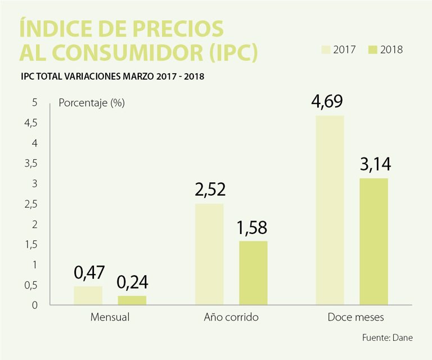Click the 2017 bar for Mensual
[x=88, y=295]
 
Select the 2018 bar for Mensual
[x=132, y=300]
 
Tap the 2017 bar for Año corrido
[x=209, y=254]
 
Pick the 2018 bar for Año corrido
[x=253, y=273]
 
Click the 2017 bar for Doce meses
[x=330, y=210]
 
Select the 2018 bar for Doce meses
[x=374, y=242]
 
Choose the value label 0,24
[x=132, y=282]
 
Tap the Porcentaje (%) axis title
[x=92, y=103]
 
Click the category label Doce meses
[x=355, y=317]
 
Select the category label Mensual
[x=110, y=317]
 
